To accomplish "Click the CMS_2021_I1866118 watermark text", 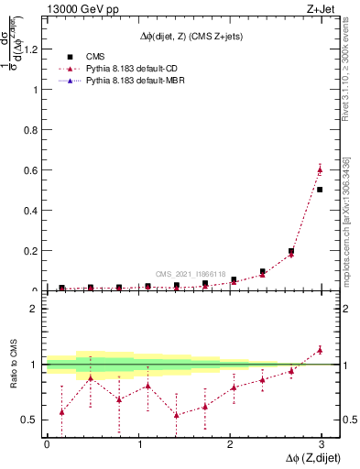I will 190,274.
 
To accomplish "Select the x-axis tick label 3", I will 321,444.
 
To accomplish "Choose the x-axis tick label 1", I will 138,444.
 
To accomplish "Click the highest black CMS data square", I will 320,190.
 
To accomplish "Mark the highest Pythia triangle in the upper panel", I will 320,169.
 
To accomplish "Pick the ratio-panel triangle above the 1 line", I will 320,349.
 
